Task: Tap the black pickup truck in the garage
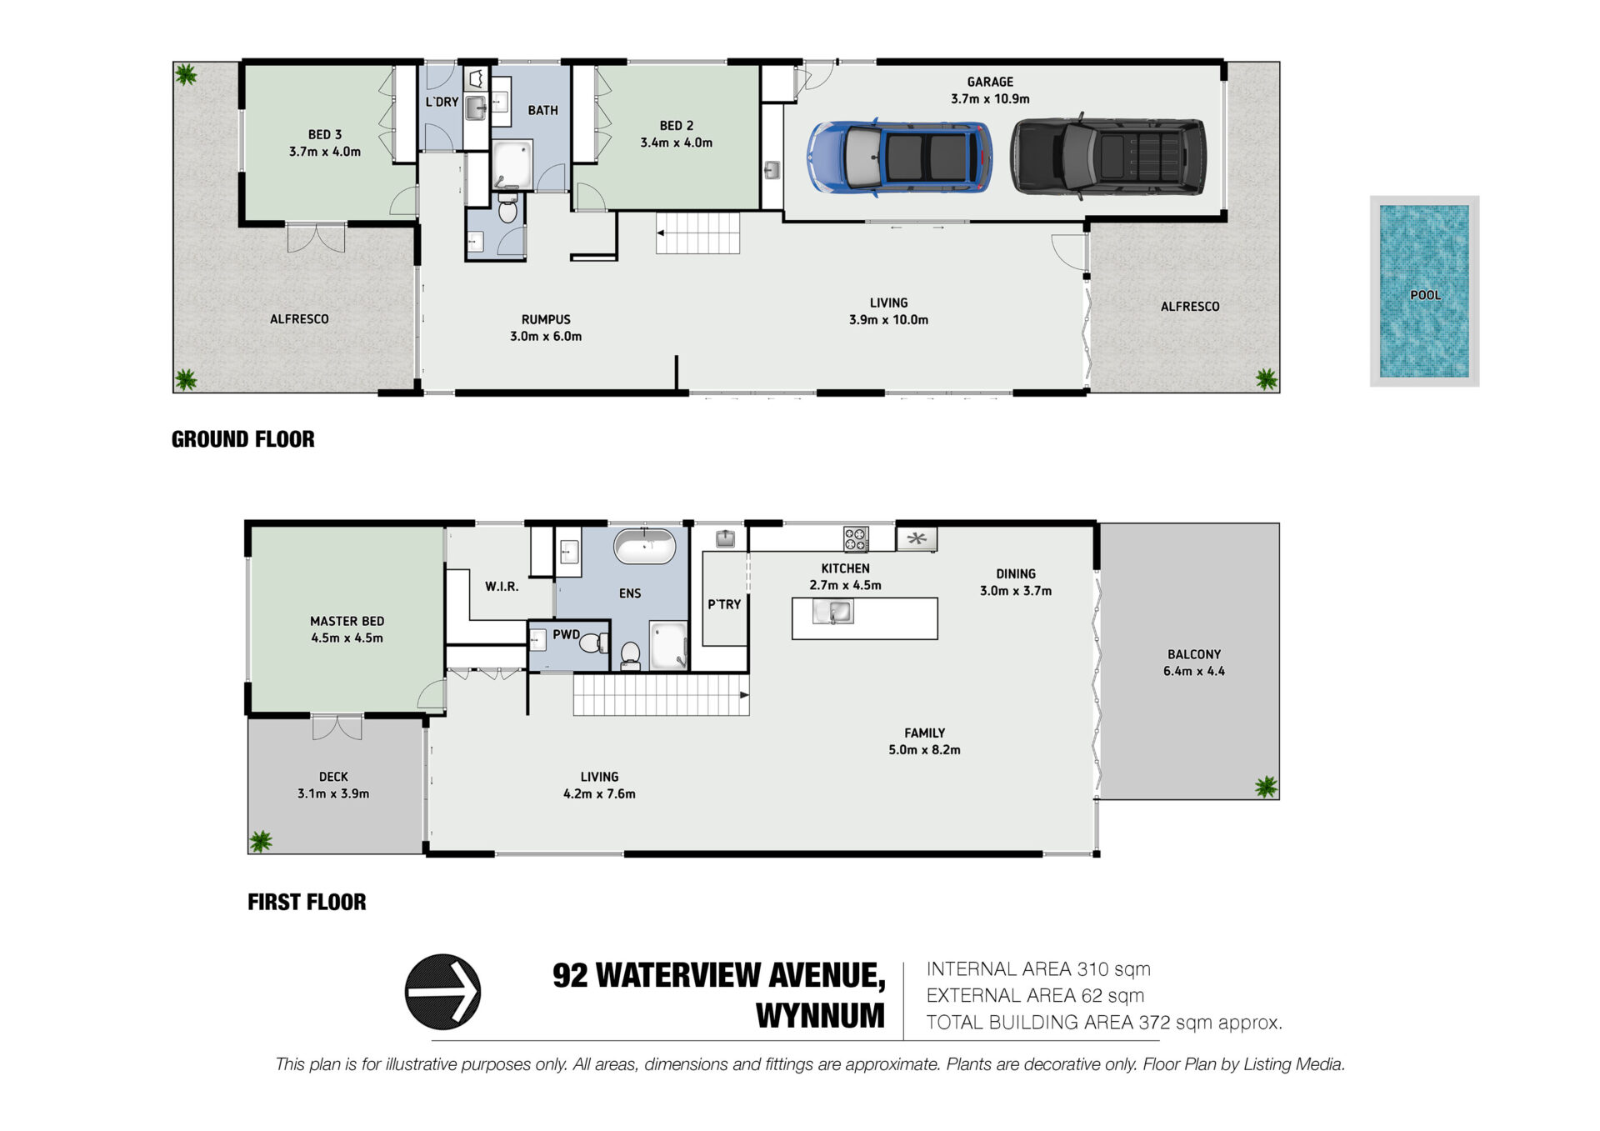1108,156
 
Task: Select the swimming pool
1424,291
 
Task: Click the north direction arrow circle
442,992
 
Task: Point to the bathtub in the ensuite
644,547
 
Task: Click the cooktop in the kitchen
855,539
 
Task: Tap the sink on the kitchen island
833,613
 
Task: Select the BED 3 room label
325,143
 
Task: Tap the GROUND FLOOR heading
243,439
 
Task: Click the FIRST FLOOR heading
307,902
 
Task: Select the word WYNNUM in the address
820,1016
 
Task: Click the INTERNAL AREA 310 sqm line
1038,969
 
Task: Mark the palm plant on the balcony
1266,786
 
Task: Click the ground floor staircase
697,233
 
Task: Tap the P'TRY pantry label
724,604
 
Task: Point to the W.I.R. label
502,587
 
